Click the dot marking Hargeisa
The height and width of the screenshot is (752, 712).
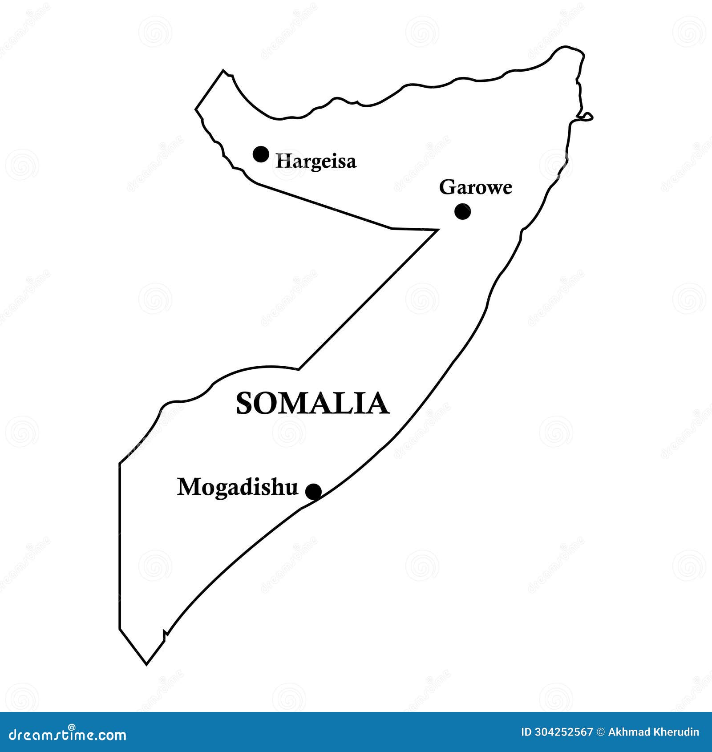pos(261,154)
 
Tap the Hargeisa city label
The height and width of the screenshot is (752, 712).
pos(316,161)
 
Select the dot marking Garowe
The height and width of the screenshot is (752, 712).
pos(462,211)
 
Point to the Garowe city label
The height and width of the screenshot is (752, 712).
pos(475,187)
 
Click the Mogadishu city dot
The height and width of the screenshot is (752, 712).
pos(313,492)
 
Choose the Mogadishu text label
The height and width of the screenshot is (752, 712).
pos(237,487)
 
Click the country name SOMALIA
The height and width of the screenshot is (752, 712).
pos(312,404)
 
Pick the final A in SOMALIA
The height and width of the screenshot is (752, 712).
pos(379,404)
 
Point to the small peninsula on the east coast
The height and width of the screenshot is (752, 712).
pos(586,117)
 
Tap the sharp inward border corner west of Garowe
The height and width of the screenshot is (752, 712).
pos(437,230)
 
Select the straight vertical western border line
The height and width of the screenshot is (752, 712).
pos(120,547)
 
